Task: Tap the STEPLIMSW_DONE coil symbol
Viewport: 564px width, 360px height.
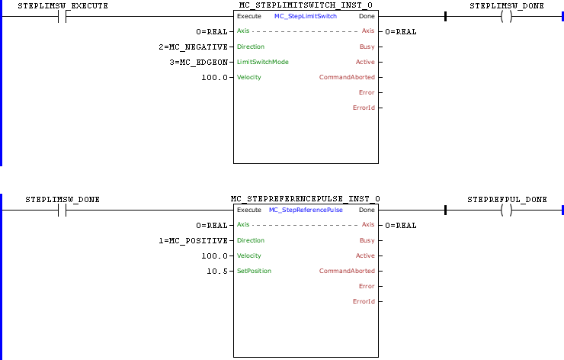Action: (x=505, y=16)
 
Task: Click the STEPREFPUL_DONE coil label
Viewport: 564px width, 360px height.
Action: (x=508, y=199)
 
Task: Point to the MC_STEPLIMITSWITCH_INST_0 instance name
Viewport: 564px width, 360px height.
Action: (x=306, y=5)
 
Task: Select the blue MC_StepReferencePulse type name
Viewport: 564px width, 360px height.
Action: (x=306, y=210)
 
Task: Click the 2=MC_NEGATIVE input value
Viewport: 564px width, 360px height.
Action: (x=200, y=47)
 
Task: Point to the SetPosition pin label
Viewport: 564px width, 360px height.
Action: (x=254, y=271)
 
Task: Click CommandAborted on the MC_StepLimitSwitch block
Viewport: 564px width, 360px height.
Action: (x=347, y=77)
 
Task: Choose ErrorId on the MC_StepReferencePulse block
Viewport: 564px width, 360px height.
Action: (x=364, y=301)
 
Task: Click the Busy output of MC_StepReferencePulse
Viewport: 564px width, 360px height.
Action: (x=367, y=240)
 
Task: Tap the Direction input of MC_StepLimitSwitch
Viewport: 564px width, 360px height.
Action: (x=251, y=47)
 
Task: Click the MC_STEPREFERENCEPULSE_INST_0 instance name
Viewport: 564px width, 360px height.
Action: (x=306, y=199)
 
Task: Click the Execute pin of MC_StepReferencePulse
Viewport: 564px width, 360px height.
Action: (x=248, y=210)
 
